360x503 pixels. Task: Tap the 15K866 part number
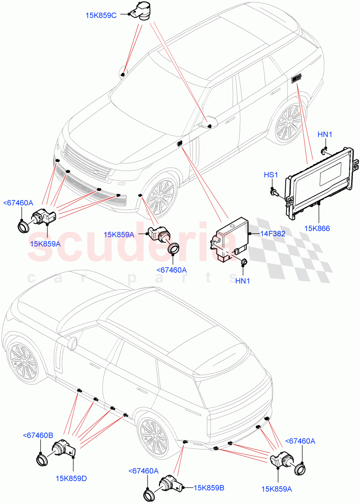click(317, 228)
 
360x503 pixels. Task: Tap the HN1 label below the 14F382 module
click(243, 281)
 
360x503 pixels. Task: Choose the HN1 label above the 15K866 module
click(325, 135)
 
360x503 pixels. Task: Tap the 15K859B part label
click(209, 487)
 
